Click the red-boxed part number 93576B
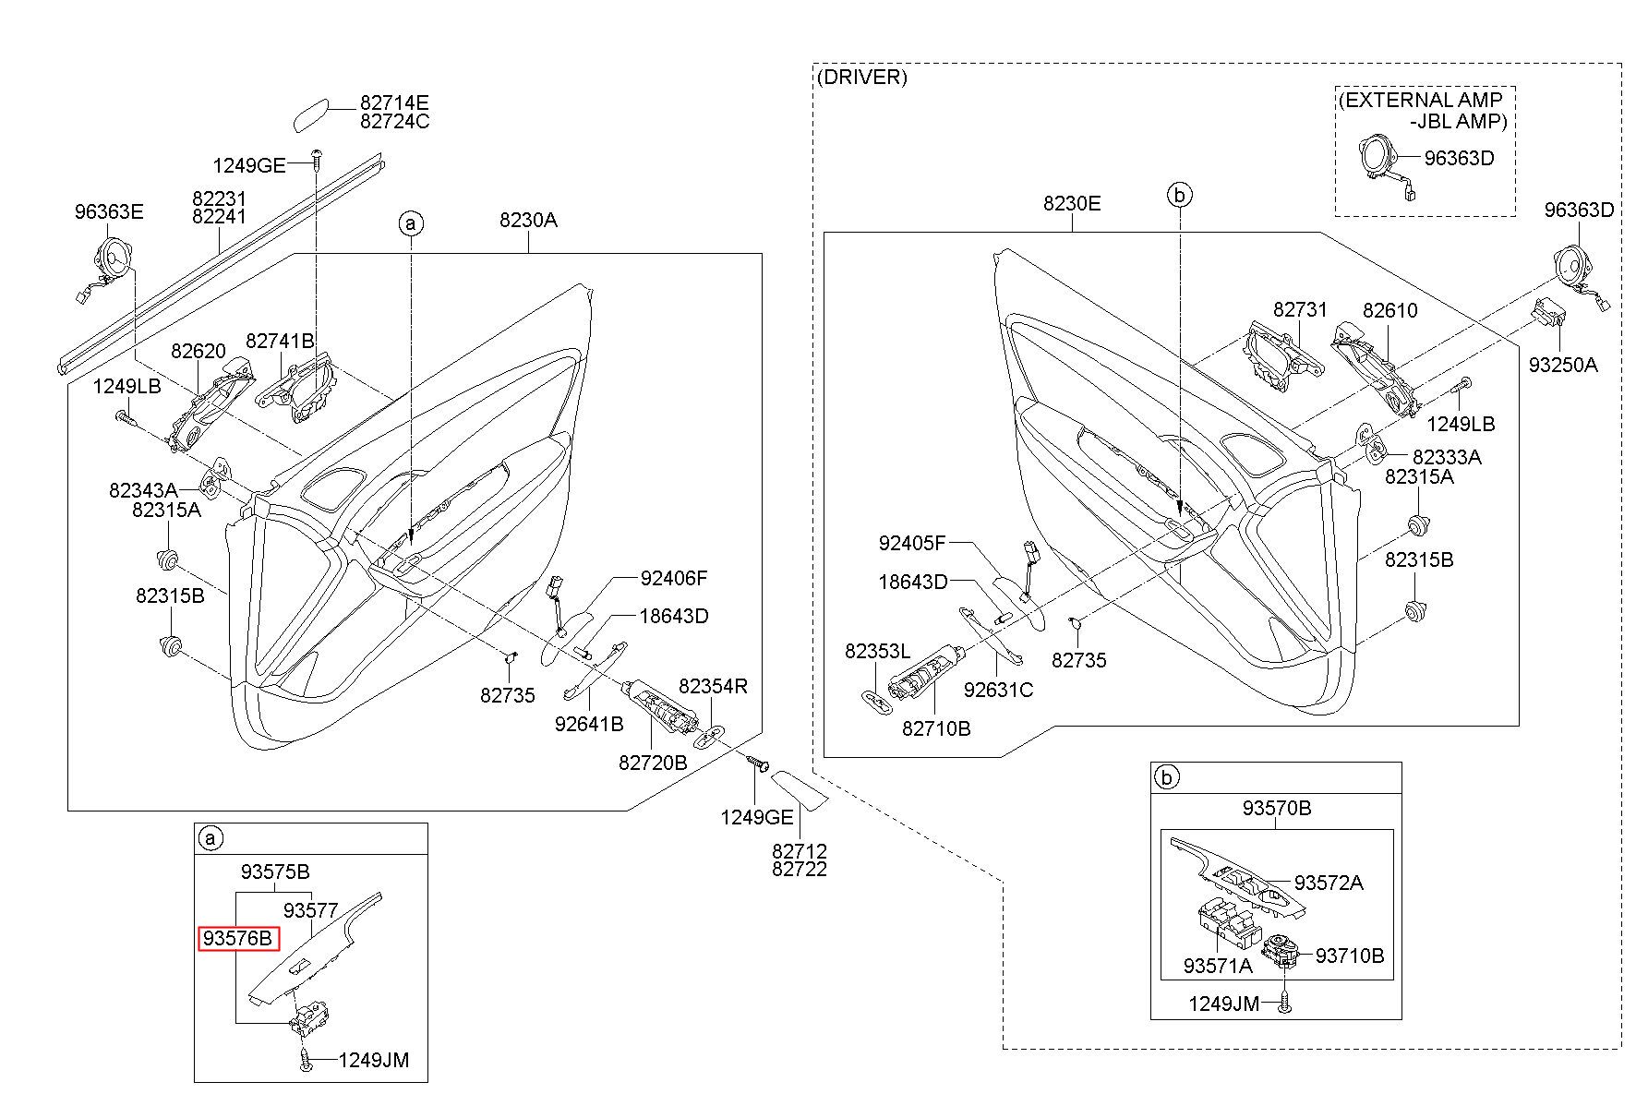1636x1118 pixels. click(x=237, y=939)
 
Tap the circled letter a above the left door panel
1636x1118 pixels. click(x=411, y=222)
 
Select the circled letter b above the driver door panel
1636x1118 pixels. click(x=1180, y=195)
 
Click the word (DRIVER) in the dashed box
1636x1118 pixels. click(x=861, y=78)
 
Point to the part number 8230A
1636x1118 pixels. click(x=528, y=221)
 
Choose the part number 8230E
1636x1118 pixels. click(x=1072, y=203)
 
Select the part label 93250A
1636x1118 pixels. click(x=1562, y=365)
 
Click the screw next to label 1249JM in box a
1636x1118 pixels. click(x=306, y=1059)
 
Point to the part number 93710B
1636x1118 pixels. click(x=1350, y=956)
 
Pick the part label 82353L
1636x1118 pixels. click(x=877, y=652)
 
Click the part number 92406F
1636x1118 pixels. click(x=674, y=579)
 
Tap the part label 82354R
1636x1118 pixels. click(x=713, y=686)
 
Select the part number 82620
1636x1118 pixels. click(x=198, y=351)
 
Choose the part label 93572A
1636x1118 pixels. click(x=1328, y=883)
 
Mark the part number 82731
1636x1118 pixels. click(x=1300, y=310)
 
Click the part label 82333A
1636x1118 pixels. click(x=1447, y=457)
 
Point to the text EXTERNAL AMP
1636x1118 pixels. click(x=1421, y=100)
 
